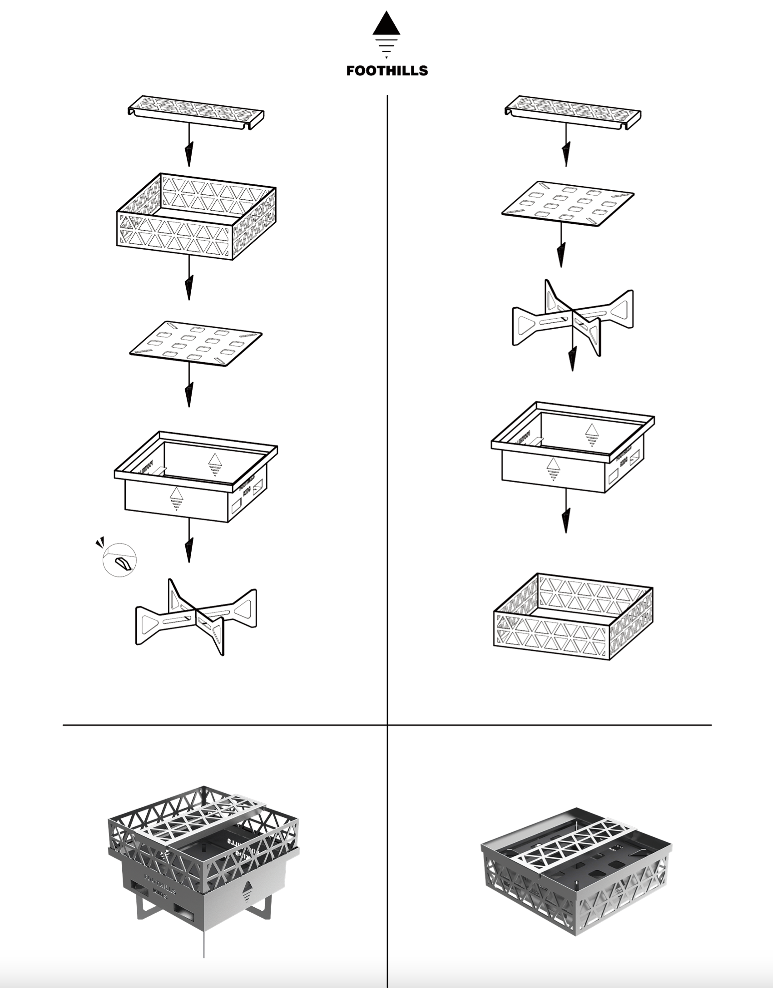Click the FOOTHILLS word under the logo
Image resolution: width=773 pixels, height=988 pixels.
click(x=387, y=71)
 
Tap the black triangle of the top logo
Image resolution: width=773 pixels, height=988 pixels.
click(x=386, y=25)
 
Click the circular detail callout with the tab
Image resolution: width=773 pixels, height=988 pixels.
click(x=120, y=559)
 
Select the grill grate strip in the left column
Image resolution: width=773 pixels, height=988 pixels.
click(x=196, y=111)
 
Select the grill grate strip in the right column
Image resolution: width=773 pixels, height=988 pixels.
click(x=573, y=111)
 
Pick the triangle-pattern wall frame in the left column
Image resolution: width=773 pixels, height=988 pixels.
click(x=196, y=217)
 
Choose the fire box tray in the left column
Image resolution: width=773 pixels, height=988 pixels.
click(x=195, y=477)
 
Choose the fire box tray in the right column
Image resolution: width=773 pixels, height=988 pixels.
click(x=573, y=447)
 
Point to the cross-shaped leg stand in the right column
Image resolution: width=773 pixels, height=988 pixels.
click(x=573, y=318)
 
